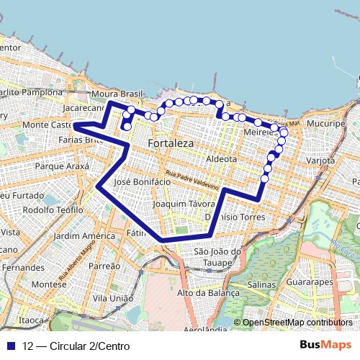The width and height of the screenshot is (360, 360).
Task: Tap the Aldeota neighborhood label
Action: coord(221,158)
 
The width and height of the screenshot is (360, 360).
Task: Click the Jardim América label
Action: coord(84,235)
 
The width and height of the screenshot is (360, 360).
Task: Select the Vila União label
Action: coord(114,297)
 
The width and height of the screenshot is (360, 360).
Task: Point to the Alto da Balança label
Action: coord(207,292)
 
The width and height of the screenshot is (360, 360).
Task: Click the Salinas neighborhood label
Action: coord(263,285)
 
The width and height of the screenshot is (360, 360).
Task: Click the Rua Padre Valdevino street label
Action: coord(192,180)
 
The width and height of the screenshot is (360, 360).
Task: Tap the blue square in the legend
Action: coord(10,346)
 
